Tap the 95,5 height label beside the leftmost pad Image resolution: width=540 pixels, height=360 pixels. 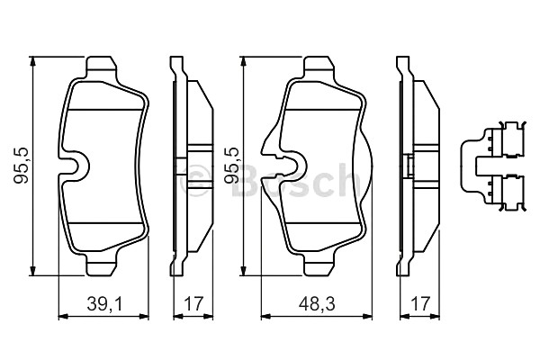[21, 166]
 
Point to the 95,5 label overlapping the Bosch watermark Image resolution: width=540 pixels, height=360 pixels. [232, 166]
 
